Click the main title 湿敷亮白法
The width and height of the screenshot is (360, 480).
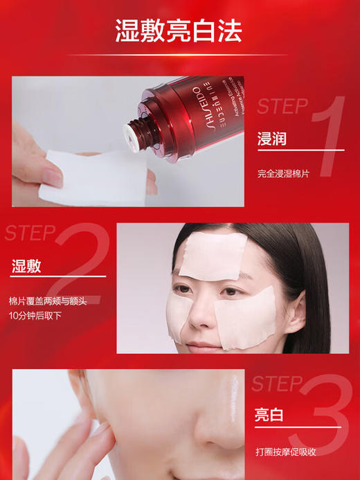coord(179,30)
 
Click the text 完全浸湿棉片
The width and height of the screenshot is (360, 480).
coord(283,173)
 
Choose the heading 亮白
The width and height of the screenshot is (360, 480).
coord(269,415)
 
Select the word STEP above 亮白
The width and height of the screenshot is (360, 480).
coord(276,383)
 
